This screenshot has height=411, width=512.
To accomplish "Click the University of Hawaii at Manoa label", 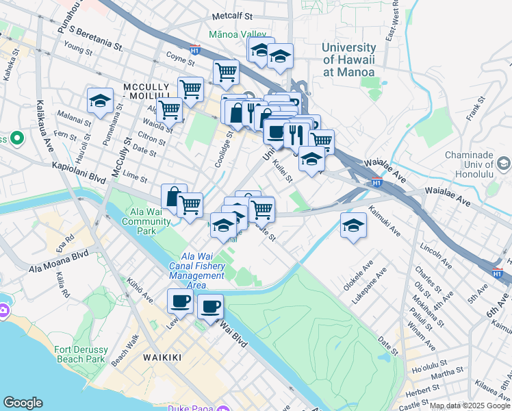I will click(x=348, y=60).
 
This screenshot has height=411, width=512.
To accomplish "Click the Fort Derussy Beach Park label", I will click(x=79, y=355).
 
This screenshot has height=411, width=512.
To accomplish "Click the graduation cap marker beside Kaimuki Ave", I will click(x=353, y=225).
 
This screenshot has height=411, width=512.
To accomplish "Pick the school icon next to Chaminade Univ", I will click(x=504, y=164).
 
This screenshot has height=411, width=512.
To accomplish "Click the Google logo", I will click(x=23, y=403).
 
